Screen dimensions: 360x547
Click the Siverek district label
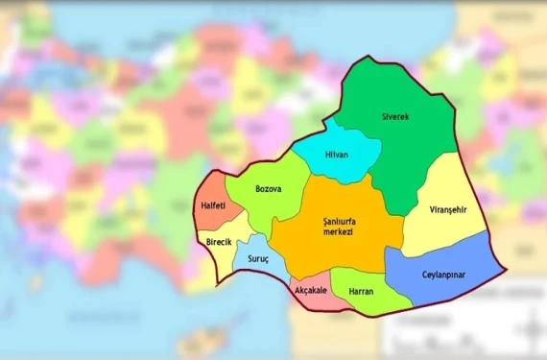394,117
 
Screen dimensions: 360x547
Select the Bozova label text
268,189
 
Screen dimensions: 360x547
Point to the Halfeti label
213,205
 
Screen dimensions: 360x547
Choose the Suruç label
258,259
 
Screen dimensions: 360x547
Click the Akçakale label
309,289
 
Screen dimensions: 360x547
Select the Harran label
361,291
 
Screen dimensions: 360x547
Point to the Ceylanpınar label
442,274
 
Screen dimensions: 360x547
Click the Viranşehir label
441,209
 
